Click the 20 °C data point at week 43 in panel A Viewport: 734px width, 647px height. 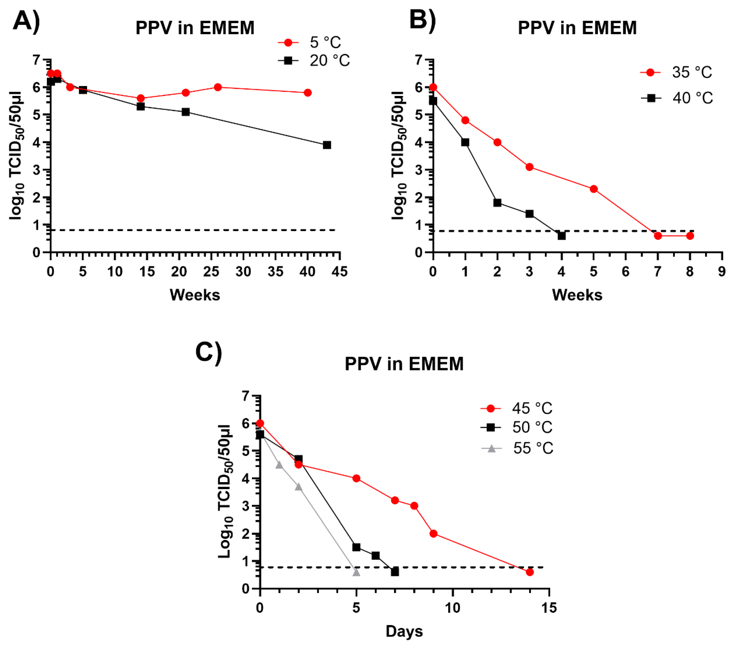[327, 145]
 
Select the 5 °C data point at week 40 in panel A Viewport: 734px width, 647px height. [307, 93]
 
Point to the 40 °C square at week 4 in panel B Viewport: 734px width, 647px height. [562, 236]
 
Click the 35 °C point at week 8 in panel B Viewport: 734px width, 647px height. [690, 236]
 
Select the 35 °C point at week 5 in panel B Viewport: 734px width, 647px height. [594, 189]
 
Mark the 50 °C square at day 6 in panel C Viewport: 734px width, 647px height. [376, 555]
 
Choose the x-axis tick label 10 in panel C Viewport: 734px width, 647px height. [452, 608]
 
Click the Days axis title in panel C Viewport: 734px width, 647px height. [404, 632]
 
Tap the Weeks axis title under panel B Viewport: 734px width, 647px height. [577, 295]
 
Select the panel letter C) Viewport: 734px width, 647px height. [209, 353]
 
